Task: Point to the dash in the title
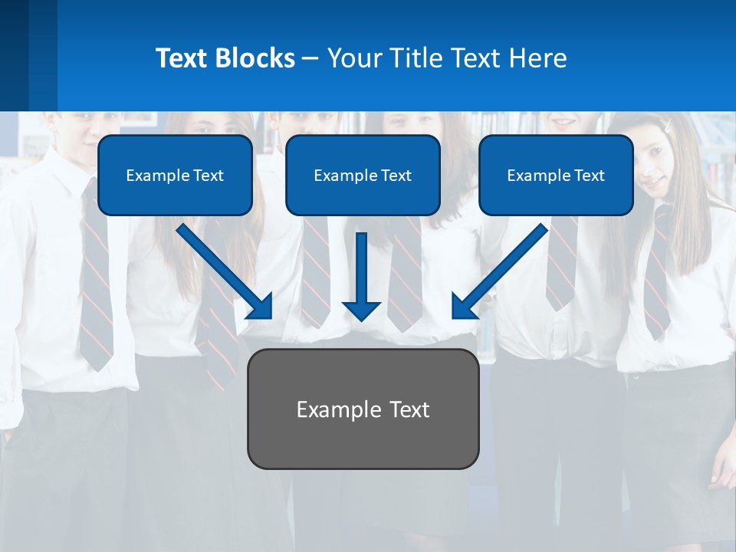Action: click(x=310, y=58)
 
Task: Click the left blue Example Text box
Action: click(x=175, y=175)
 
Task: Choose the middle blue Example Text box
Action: click(x=363, y=175)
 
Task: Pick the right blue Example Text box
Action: click(x=556, y=175)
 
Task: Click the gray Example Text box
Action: click(x=363, y=409)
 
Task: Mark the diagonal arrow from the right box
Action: click(x=500, y=271)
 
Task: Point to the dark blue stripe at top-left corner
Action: click(x=14, y=54)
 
